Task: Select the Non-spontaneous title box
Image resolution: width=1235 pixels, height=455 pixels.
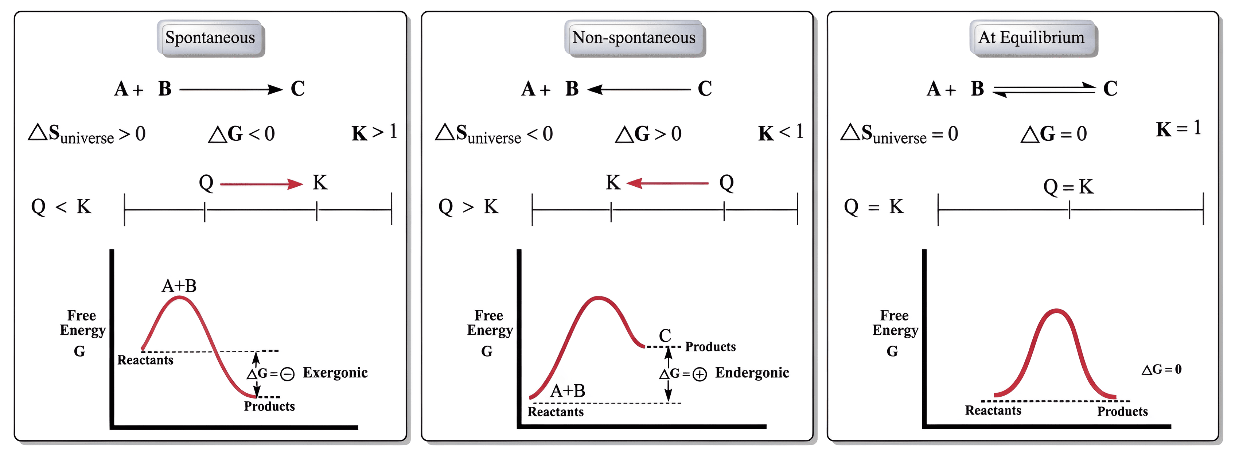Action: tap(634, 38)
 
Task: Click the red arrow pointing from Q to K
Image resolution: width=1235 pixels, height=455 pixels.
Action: tap(261, 184)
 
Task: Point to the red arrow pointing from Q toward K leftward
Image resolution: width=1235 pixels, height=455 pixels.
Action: tap(667, 183)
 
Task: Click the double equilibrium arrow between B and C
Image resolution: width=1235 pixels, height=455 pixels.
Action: tap(1044, 90)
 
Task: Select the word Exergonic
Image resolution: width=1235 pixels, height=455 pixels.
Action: tap(335, 373)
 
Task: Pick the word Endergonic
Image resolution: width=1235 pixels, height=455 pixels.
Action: tap(752, 373)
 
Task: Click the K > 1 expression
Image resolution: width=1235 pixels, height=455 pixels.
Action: tap(374, 132)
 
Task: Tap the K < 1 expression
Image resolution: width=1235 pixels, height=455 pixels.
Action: tap(780, 132)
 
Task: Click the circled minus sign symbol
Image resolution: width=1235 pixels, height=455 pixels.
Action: tap(287, 374)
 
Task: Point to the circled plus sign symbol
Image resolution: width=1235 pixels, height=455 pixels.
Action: tap(700, 374)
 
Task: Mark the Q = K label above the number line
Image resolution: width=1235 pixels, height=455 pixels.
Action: tap(1069, 187)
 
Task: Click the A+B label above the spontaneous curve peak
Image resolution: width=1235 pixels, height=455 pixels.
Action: tap(179, 286)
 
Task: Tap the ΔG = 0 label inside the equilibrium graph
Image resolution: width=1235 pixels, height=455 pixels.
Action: tap(1161, 369)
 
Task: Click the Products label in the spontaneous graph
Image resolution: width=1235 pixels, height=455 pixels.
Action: tap(269, 407)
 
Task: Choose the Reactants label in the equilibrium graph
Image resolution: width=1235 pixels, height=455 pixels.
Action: tap(993, 411)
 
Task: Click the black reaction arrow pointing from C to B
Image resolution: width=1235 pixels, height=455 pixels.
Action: tap(639, 90)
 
